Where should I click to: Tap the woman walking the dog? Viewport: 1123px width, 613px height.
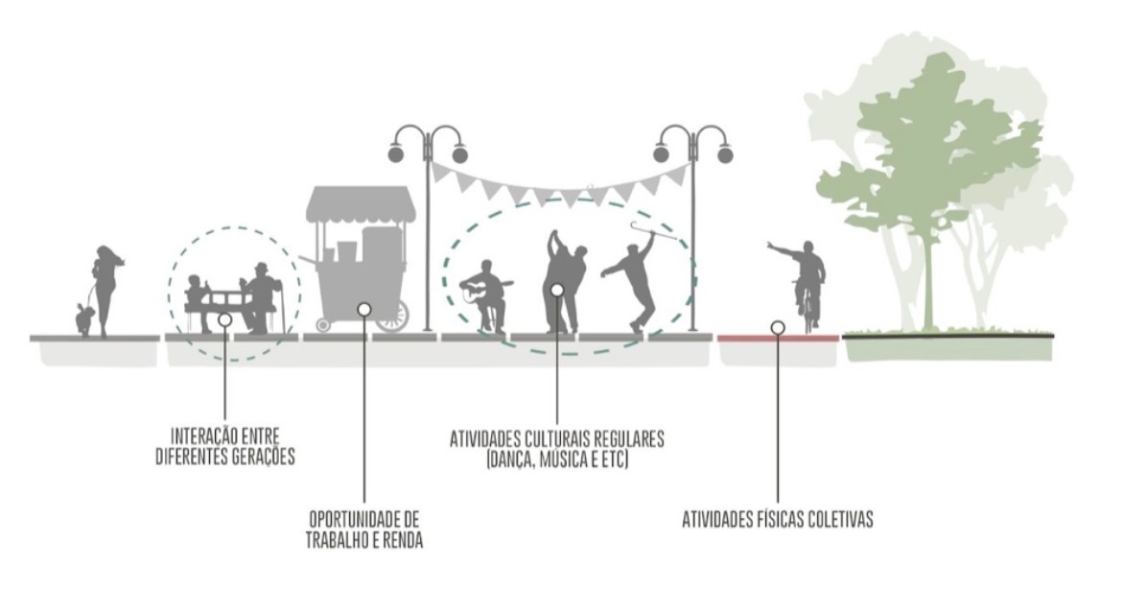pyautogui.click(x=105, y=287)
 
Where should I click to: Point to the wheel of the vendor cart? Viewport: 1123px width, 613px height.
pyautogui.click(x=391, y=316)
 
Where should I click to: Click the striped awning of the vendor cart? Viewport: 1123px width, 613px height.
pyautogui.click(x=361, y=203)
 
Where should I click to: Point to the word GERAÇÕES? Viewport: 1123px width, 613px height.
pyautogui.click(x=263, y=458)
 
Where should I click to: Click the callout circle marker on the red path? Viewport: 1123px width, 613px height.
pyautogui.click(x=778, y=327)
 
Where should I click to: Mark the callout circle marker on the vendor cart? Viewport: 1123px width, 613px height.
pyautogui.click(x=363, y=309)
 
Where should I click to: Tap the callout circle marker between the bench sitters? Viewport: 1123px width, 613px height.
pyautogui.click(x=223, y=319)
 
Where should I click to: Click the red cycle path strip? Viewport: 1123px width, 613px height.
pyautogui.click(x=748, y=338)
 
